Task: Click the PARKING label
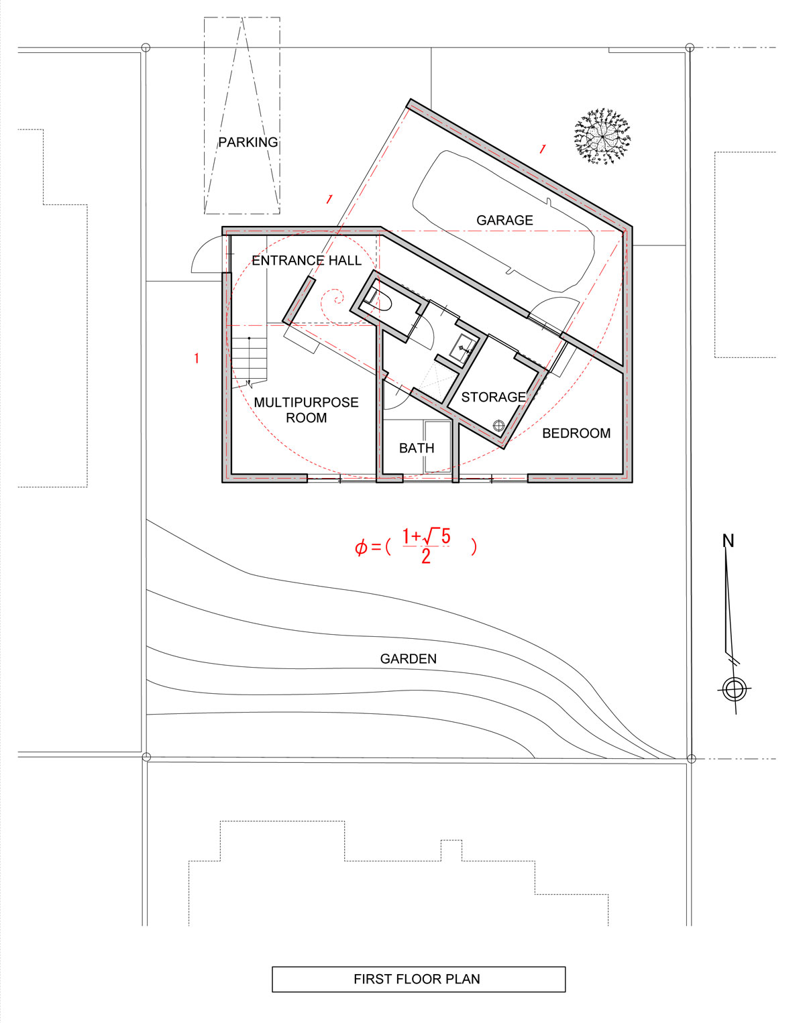pos(248,142)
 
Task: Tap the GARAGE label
pos(504,220)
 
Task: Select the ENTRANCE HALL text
pos(307,261)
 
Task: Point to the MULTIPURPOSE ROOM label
pos(306,410)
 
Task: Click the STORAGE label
pos(493,397)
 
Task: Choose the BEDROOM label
pos(576,433)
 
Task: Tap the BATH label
pos(417,448)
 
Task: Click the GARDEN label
pos(409,658)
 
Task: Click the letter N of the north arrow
pos(728,540)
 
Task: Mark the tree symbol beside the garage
pos(602,137)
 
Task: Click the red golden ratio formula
pos(415,546)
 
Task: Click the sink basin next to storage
pos(462,349)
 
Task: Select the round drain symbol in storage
pos(498,426)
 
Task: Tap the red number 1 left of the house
pos(197,359)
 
